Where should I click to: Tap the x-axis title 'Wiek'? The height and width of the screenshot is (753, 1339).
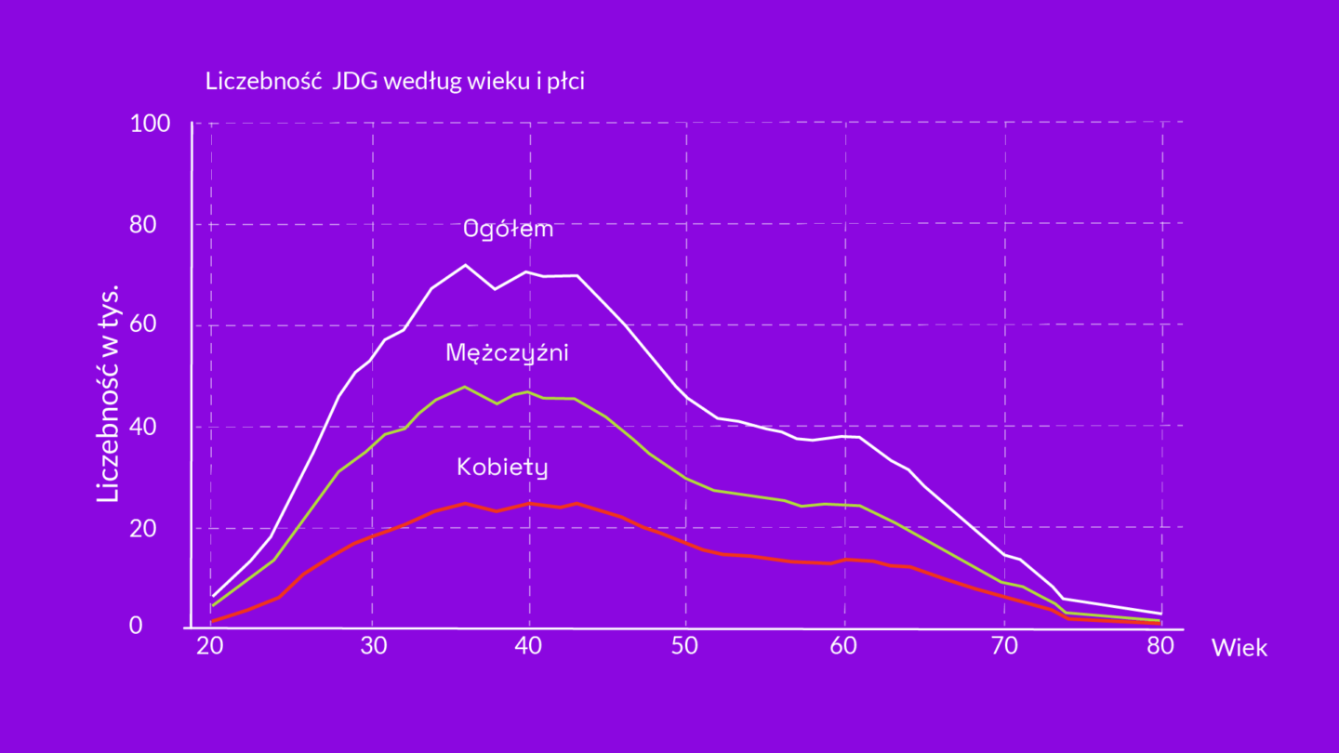[1239, 648]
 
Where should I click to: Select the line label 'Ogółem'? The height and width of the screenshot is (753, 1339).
[509, 229]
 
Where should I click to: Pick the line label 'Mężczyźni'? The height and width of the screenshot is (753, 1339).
[507, 353]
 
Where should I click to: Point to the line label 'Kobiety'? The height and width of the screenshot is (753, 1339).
[502, 467]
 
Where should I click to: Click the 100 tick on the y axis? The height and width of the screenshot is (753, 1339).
[150, 124]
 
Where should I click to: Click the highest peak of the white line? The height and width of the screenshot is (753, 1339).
[465, 265]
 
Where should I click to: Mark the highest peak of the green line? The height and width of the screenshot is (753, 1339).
[465, 387]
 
